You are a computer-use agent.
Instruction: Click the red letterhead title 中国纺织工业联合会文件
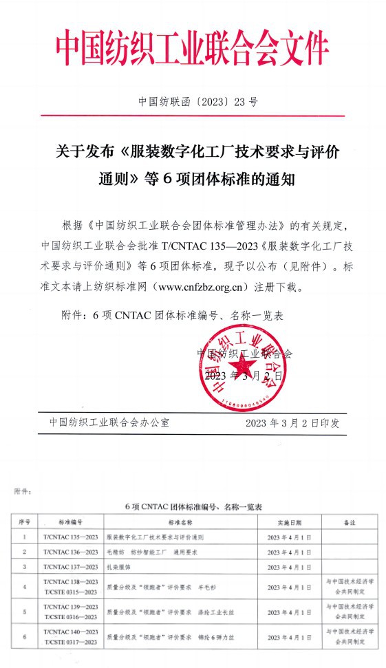point(193,47)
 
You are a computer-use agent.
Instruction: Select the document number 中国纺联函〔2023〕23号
point(198,103)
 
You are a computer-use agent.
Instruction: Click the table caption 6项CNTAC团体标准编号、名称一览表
point(194,506)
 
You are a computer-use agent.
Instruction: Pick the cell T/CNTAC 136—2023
point(70,552)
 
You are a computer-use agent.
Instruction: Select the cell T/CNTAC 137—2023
point(70,566)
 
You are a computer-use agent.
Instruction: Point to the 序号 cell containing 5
point(24,612)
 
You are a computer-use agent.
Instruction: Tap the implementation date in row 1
point(289,537)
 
